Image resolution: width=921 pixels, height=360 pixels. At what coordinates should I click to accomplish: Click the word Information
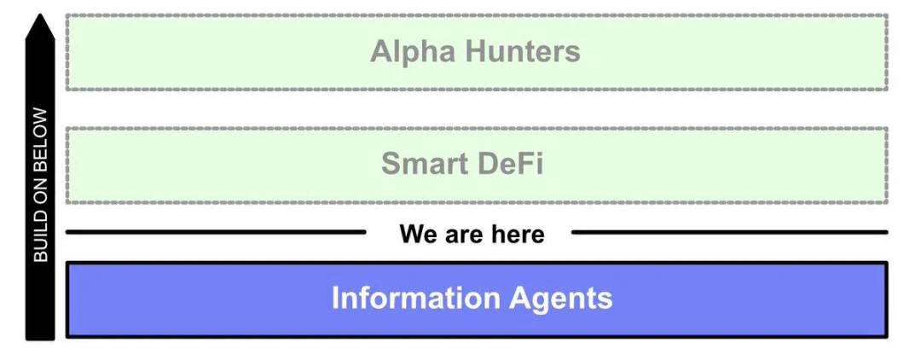(x=415, y=299)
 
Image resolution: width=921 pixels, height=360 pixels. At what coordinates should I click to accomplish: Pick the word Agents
(x=561, y=299)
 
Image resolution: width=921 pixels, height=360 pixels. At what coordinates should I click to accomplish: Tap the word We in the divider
(x=416, y=233)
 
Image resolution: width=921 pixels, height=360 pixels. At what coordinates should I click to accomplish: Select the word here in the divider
(x=516, y=233)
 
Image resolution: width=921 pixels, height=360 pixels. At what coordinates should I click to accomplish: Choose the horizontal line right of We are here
(x=729, y=231)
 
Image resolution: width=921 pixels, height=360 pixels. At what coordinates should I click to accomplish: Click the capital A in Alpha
(x=380, y=52)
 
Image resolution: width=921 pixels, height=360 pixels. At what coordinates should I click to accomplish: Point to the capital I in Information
(x=335, y=299)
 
